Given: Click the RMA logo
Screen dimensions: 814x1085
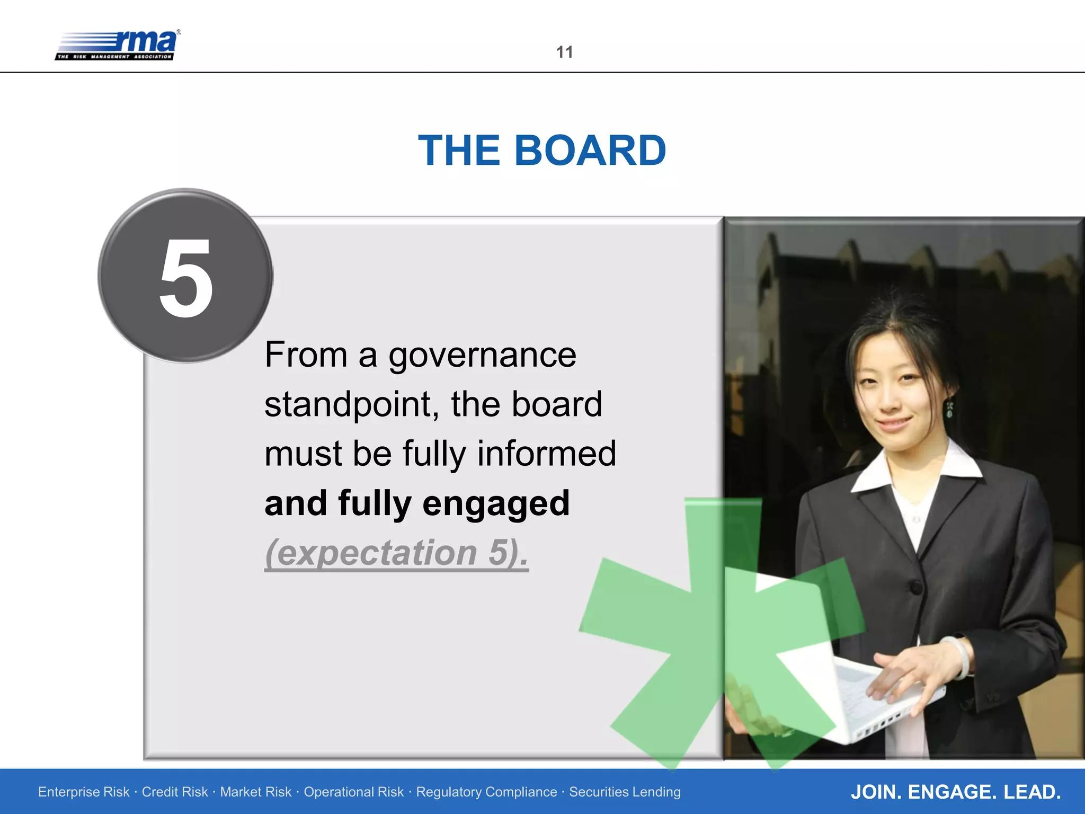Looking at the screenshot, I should [x=118, y=45].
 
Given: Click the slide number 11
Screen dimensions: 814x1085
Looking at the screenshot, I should [x=564, y=52].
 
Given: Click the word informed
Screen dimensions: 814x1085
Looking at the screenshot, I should [x=547, y=454].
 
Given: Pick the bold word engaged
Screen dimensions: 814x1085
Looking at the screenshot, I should [x=496, y=503].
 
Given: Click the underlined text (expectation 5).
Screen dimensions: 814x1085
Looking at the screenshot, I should [x=396, y=552].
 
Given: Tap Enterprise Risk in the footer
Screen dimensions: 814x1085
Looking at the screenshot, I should [x=84, y=792].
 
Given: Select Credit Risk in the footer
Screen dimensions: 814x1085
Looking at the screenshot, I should [x=175, y=792].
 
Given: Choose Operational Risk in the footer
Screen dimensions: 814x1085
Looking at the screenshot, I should [x=353, y=792].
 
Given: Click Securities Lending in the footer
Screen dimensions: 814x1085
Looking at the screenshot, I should [x=625, y=792].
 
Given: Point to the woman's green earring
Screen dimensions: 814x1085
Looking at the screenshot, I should [x=950, y=409].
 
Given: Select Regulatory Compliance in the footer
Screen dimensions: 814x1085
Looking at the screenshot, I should [x=486, y=792].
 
